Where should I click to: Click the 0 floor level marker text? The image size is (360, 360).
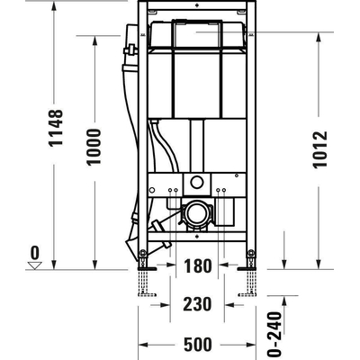coord(34,251)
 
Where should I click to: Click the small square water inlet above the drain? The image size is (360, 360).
coord(196,184)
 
